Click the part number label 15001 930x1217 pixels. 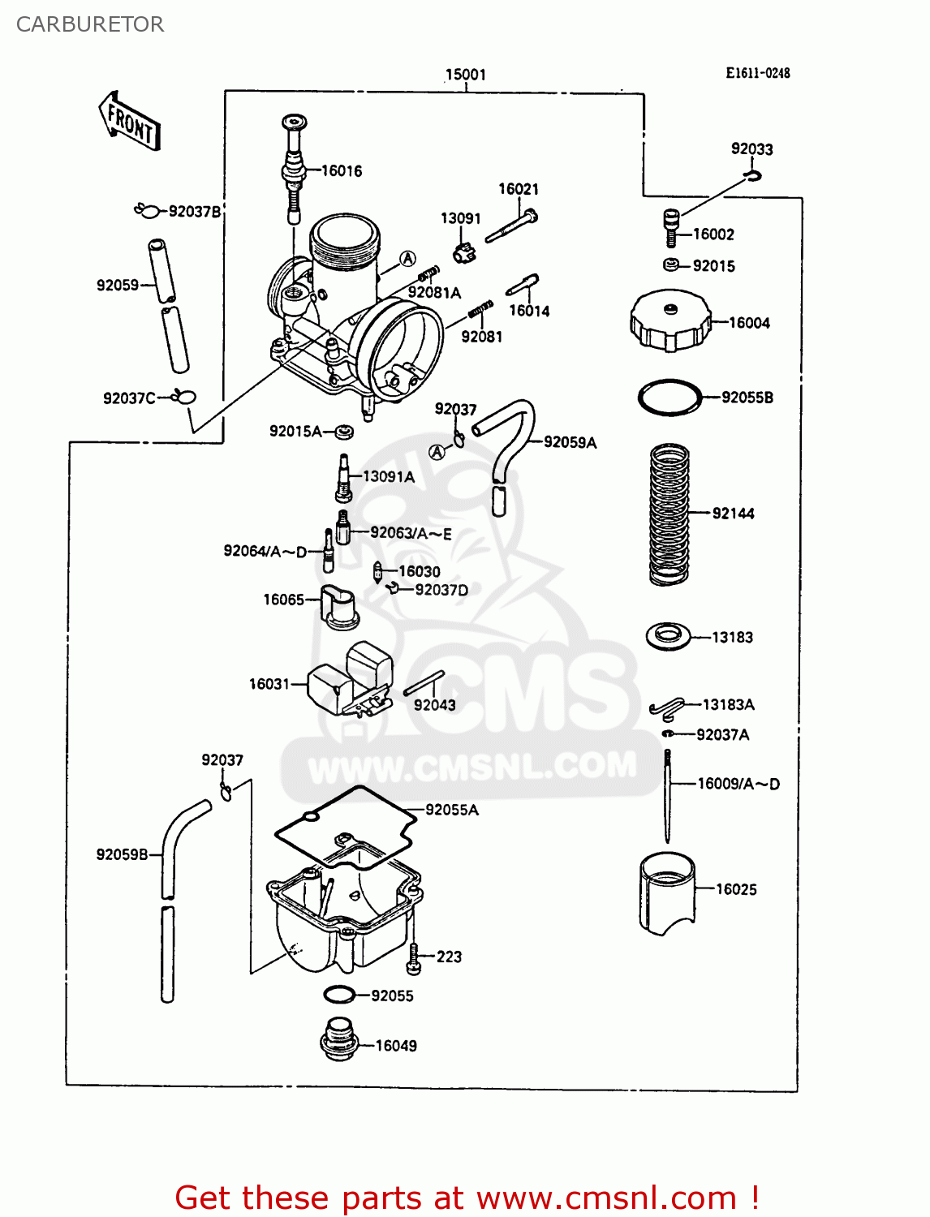465,75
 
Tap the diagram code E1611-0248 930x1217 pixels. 757,73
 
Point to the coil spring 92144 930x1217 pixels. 670,514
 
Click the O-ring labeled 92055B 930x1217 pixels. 670,398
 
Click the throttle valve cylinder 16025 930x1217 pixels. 667,892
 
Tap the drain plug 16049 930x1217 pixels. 339,1039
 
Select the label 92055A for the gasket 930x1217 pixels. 452,810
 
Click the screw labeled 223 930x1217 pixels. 415,958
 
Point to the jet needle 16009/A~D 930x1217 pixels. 667,795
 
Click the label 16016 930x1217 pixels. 342,171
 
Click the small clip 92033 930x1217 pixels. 754,175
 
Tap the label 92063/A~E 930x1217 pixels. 411,534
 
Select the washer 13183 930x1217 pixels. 668,635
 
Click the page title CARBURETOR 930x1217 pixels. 90,24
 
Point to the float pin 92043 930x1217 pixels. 424,683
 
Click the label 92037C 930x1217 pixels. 129,398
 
